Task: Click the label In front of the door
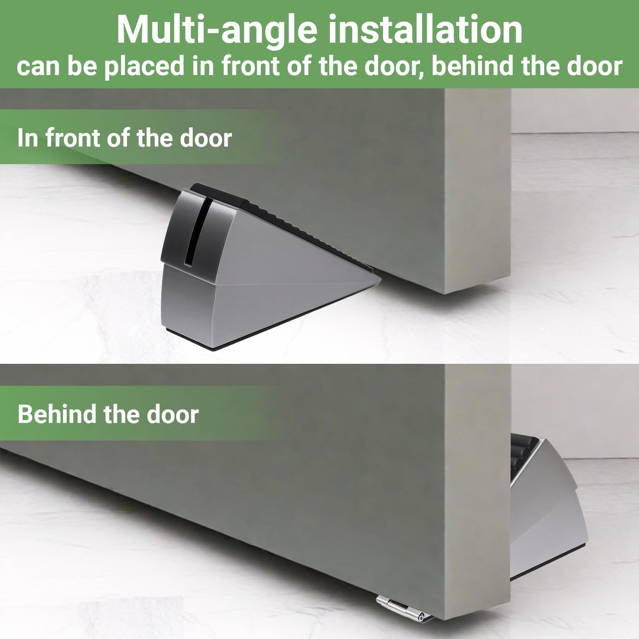pyautogui.click(x=124, y=138)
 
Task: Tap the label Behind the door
pyautogui.click(x=108, y=414)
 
